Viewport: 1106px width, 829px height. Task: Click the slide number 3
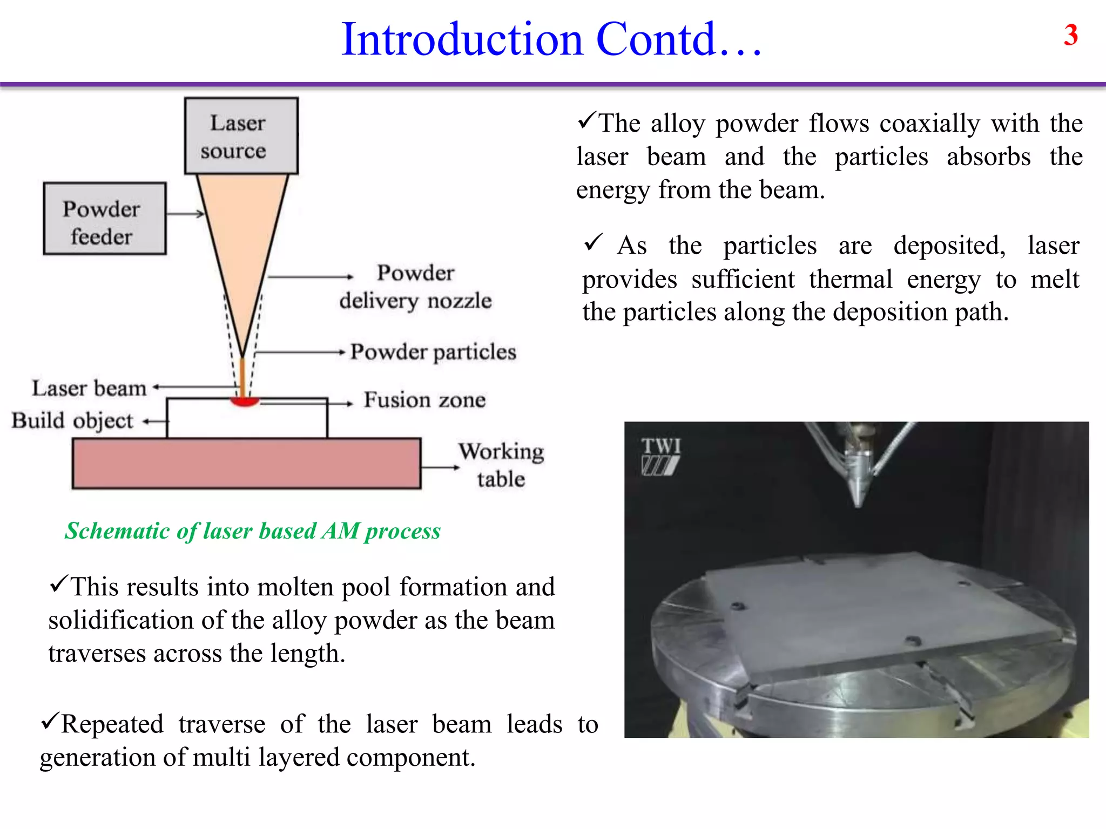pos(1070,36)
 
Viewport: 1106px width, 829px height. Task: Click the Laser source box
pos(241,136)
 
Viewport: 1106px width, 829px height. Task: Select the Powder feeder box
pos(104,219)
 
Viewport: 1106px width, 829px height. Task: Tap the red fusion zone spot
pos(245,401)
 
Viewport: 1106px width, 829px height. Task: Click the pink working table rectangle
pos(246,464)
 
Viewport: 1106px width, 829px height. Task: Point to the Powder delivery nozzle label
pos(415,287)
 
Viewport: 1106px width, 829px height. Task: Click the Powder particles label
pos(433,352)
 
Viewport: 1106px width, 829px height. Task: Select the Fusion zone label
pos(424,400)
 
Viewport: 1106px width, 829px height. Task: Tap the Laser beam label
pos(89,388)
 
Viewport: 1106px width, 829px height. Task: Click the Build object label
pos(72,420)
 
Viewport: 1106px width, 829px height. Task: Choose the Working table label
pos(501,465)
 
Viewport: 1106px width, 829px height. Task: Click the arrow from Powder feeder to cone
pos(185,214)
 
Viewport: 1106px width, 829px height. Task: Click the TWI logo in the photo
pos(661,456)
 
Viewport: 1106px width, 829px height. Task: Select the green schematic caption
pos(253,531)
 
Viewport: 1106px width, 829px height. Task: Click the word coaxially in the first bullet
pos(929,124)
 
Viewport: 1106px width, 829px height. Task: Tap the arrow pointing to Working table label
pos(440,467)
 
